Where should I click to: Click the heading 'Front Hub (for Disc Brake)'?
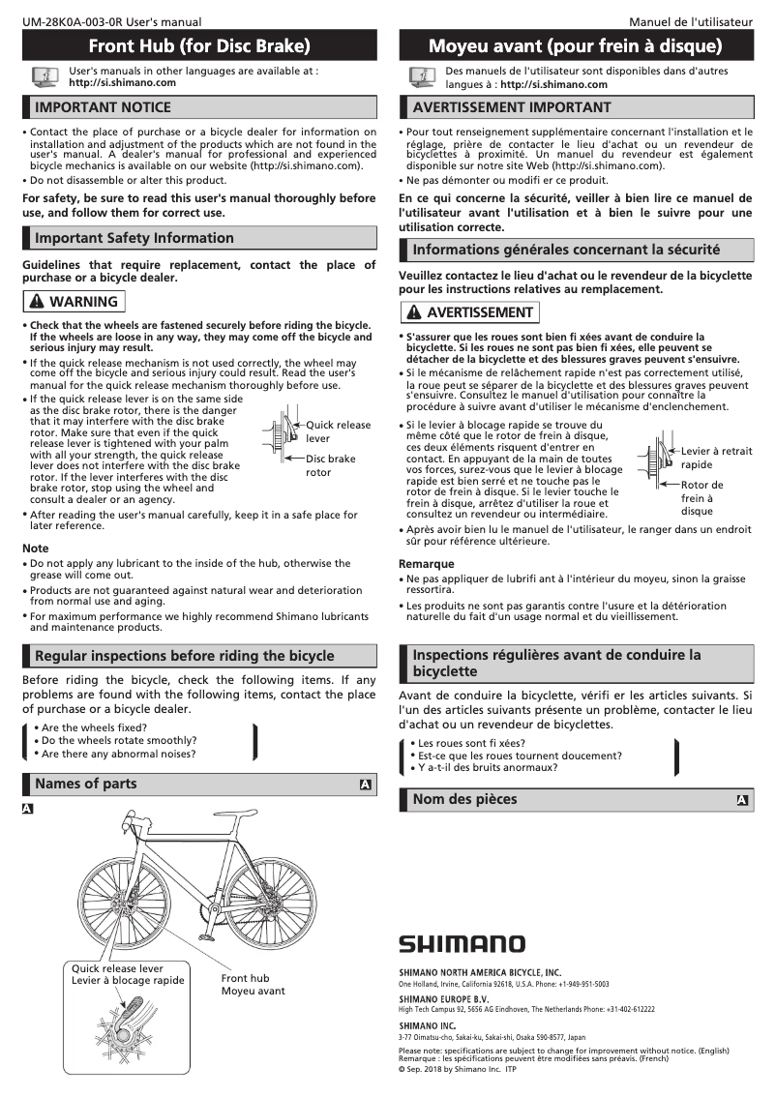[x=199, y=45]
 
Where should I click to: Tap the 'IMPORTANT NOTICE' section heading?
[x=103, y=106]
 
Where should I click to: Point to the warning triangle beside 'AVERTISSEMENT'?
[x=413, y=312]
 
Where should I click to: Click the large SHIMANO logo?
[x=463, y=943]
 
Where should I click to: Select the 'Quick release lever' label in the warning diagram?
[x=338, y=431]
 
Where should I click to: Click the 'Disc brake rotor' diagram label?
[x=330, y=465]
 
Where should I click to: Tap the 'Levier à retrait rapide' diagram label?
[x=715, y=458]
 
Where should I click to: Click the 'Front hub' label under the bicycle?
[x=245, y=978]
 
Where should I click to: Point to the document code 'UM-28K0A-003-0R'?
[x=67, y=21]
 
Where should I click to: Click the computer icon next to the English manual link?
[x=44, y=76]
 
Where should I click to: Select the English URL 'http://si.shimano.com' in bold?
[x=122, y=83]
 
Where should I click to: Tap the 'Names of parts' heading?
[x=86, y=784]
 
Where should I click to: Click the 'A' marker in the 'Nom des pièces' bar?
[x=742, y=800]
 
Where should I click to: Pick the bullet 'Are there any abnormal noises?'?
[x=119, y=754]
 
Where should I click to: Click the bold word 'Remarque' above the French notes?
[x=426, y=564]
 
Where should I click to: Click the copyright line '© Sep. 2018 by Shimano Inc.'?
[x=450, y=1069]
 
